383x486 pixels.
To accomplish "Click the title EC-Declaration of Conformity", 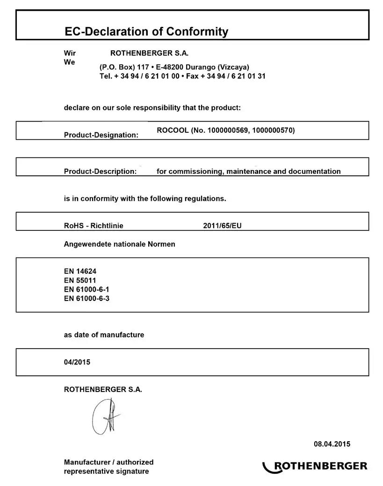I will coord(146,32).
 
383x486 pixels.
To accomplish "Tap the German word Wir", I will coord(70,53).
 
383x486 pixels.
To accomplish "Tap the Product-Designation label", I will coord(101,135).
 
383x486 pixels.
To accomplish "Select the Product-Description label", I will coord(100,172).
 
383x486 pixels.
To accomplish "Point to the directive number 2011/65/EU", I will coord(222,226).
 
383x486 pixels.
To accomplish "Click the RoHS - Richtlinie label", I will coord(94,226).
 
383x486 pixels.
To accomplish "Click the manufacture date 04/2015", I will coord(77,362).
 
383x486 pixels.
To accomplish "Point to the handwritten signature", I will coord(105,416).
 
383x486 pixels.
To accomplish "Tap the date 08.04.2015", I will coord(332,444).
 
